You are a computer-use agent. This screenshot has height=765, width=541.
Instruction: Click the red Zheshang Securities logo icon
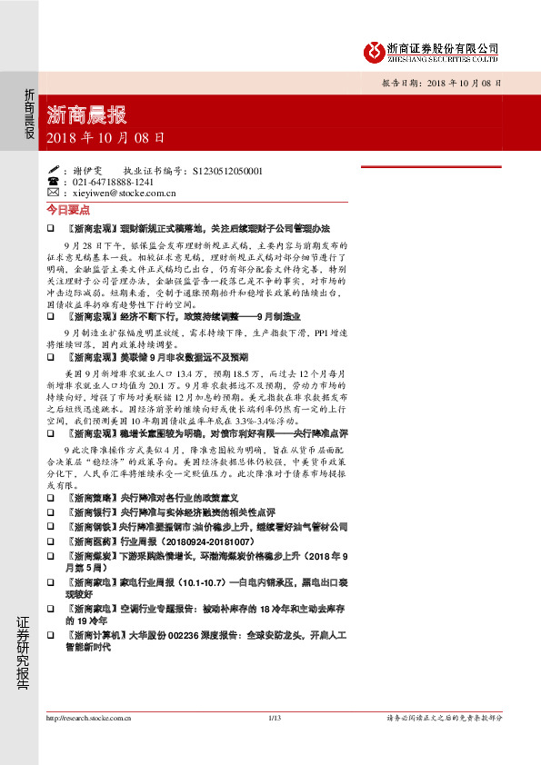[372, 51]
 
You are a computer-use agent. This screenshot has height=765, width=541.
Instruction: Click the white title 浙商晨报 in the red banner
[86, 116]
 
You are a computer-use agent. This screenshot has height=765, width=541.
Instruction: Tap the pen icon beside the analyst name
[53, 170]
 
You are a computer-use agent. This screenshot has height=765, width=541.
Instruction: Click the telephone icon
[53, 182]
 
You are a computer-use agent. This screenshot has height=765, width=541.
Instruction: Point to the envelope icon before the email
[53, 193]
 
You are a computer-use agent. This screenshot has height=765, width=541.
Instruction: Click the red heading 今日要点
[69, 209]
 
